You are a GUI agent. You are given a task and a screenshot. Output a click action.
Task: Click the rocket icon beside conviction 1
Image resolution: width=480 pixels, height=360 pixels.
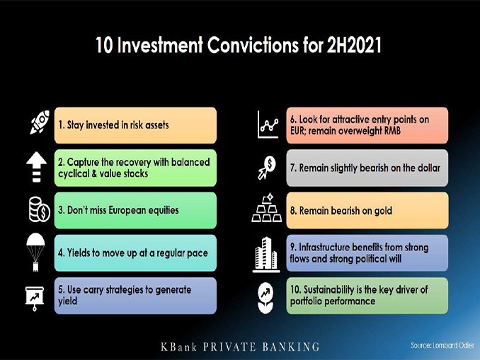pos(40,122)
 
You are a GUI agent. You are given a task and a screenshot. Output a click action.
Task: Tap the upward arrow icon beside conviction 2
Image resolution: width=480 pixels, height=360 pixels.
pos(36,167)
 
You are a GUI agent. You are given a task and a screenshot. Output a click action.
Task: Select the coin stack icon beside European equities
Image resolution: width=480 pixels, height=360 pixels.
pos(39,209)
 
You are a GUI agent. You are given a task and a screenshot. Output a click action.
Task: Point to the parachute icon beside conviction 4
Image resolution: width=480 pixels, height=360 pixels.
pos(35,252)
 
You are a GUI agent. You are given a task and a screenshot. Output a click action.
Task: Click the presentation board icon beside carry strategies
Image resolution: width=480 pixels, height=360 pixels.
pos(35,298)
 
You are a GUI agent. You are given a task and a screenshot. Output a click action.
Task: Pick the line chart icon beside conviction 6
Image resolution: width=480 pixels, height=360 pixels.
pos(268,124)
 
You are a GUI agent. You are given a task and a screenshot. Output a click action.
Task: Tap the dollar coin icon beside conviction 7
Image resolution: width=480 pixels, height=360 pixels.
pos(267,168)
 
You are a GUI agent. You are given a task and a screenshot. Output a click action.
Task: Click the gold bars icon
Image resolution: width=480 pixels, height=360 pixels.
pos(267,208)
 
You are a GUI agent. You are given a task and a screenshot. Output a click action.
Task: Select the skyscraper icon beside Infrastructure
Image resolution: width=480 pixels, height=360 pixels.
pos(266,255)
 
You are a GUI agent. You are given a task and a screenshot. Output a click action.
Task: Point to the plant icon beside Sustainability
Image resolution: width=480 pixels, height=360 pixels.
pos(265,298)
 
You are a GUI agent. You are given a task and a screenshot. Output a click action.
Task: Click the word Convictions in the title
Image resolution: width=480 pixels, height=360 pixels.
pos(253,45)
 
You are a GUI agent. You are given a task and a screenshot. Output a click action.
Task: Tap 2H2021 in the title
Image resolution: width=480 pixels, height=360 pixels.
pos(354,45)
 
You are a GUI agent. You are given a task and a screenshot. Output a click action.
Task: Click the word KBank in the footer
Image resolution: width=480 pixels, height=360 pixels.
pos(179,347)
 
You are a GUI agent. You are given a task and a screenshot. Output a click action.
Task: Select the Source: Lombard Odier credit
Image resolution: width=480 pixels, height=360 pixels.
pos(442,345)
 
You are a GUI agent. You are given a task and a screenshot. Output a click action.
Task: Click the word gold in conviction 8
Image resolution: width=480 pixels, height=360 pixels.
pos(383,211)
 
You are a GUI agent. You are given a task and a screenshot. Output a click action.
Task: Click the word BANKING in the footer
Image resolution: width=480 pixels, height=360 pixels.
pos(291,347)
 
